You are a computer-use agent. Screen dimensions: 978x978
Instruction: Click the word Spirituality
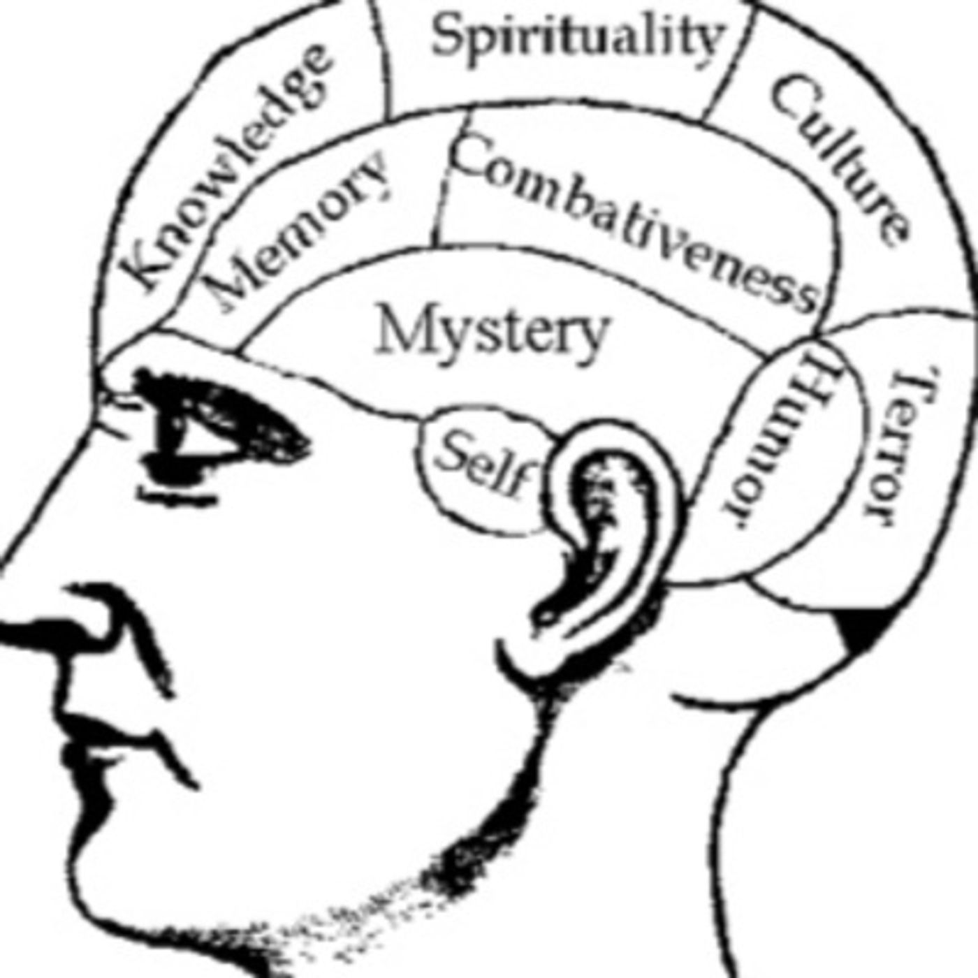pos(577,36)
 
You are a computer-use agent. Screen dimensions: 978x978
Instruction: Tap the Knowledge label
pos(226,168)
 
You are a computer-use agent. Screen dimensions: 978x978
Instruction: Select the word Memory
pos(300,231)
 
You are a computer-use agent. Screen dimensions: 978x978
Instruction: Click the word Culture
pos(838,162)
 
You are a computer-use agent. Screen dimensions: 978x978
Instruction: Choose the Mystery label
pos(491,333)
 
